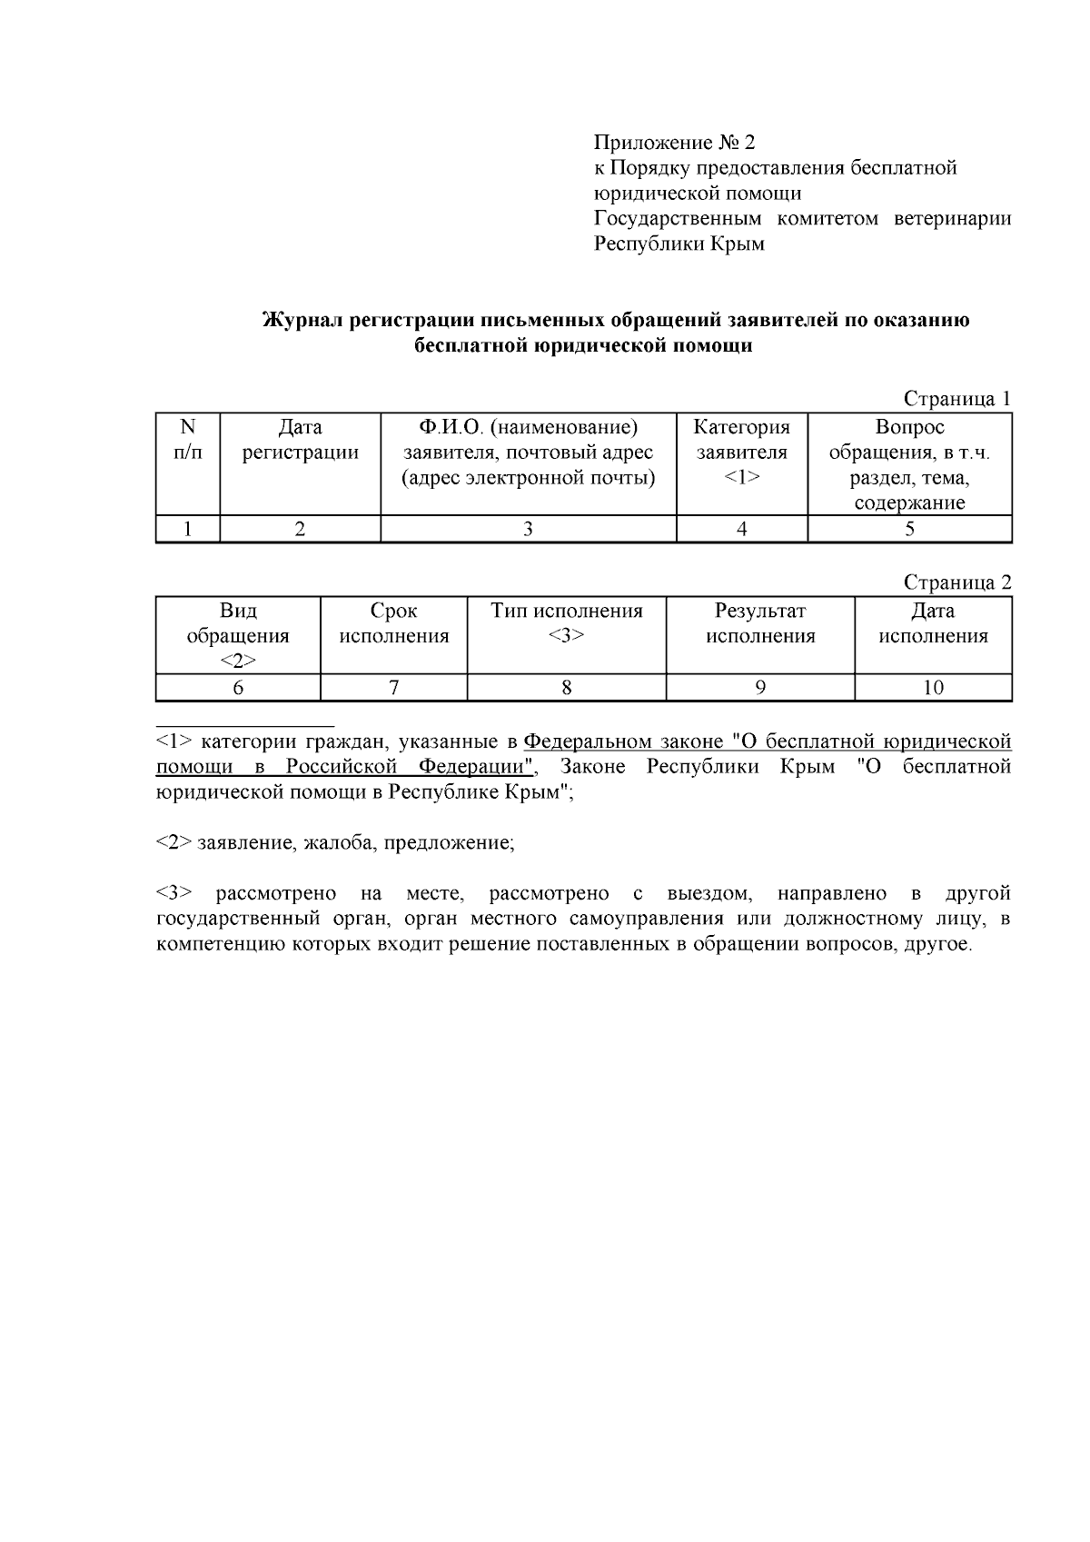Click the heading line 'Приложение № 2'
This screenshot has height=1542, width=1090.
tap(674, 143)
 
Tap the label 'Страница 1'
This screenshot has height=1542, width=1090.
tap(956, 399)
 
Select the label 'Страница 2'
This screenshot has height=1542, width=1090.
tap(956, 583)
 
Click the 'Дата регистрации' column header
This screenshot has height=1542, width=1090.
tap(300, 440)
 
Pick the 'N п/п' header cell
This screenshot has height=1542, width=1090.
tap(188, 440)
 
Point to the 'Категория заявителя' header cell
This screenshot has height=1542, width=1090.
tap(741, 452)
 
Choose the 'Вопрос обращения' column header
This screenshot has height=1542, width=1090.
tap(909, 464)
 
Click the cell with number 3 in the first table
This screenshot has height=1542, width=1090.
tap(528, 530)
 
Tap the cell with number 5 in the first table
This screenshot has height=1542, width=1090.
tap(909, 530)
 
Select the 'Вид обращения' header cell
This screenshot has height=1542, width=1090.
tap(238, 635)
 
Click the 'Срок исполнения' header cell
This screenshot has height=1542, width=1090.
tap(393, 623)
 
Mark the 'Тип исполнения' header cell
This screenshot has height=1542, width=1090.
tap(566, 622)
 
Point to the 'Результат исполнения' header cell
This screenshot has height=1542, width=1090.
tap(760, 623)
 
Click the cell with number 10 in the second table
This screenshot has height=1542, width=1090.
tap(933, 688)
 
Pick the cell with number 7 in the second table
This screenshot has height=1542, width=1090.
tap(393, 688)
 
